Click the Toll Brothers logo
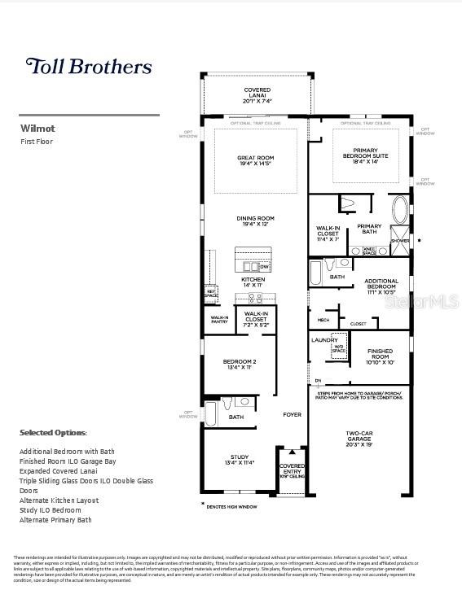[x=89, y=66]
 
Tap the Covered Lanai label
[x=257, y=95]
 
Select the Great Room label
[x=255, y=161]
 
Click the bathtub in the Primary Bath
[x=400, y=209]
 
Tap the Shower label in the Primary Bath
[x=400, y=241]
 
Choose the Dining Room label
[x=255, y=221]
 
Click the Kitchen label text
[x=253, y=282]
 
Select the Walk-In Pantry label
[x=218, y=321]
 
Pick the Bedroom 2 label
[x=218, y=365]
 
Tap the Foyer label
[x=291, y=415]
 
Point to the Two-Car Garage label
[x=359, y=441]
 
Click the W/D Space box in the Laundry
[x=337, y=351]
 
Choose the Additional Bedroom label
[x=381, y=286]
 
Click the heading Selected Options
[x=53, y=433]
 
